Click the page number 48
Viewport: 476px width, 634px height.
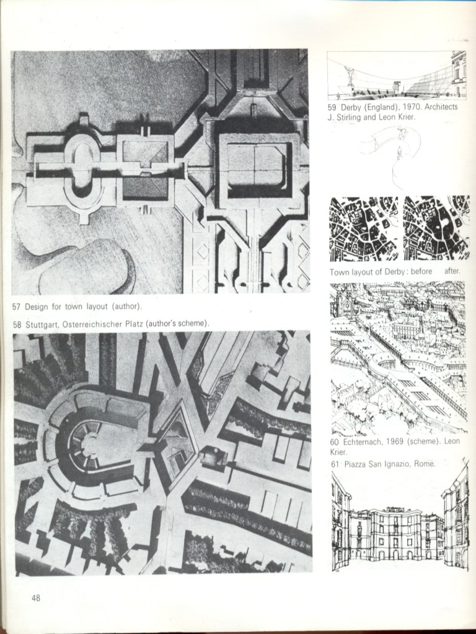[x=36, y=598]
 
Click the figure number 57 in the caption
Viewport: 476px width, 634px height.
[x=17, y=306]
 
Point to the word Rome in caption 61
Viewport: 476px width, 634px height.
[x=426, y=464]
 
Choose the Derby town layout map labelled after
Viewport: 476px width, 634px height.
[x=436, y=228]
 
